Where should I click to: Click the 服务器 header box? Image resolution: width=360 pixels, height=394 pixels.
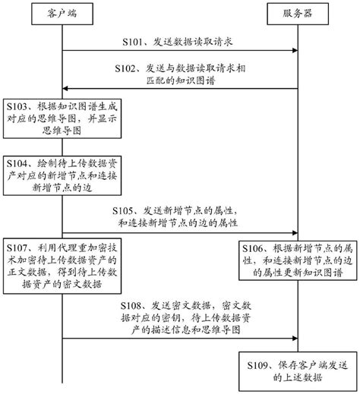click(x=296, y=13)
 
